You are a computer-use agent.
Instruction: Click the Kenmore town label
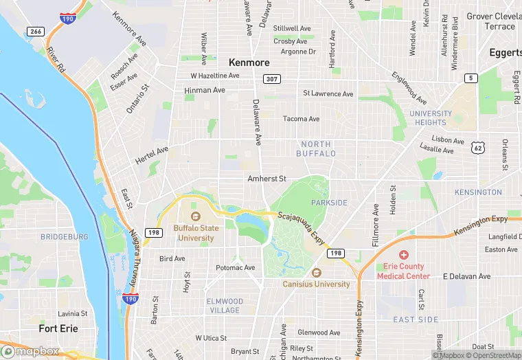tap(249, 62)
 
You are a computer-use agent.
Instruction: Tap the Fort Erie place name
tap(58, 328)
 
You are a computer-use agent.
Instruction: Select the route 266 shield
tap(36, 31)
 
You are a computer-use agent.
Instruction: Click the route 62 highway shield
tap(478, 148)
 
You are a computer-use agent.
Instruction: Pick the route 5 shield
tap(470, 78)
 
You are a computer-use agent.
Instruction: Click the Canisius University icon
tap(316, 273)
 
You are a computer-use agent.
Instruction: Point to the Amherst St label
tap(266, 179)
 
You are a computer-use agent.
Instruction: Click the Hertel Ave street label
tap(152, 155)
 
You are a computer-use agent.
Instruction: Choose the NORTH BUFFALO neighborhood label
tap(316, 149)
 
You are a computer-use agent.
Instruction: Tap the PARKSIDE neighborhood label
tap(329, 203)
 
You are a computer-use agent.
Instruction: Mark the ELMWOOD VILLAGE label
tap(225, 306)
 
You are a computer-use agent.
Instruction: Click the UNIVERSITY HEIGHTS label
tap(431, 118)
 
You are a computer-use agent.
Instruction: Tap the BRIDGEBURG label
tap(65, 236)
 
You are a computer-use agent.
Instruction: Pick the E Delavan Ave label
tap(466, 276)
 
